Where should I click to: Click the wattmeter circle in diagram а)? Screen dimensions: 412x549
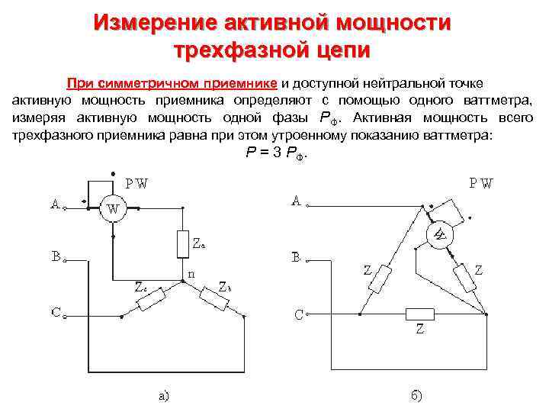(112, 208)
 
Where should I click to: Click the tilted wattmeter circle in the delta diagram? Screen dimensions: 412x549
(440, 237)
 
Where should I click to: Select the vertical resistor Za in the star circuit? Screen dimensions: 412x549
(183, 243)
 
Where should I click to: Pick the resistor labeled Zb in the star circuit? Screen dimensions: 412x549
(216, 300)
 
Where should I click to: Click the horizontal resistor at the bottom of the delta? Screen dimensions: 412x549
(419, 314)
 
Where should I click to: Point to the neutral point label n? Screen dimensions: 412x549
(191, 272)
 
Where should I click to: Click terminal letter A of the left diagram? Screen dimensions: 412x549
(55, 204)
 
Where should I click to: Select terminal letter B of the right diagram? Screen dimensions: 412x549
(297, 258)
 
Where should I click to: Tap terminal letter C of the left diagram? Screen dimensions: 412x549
(56, 311)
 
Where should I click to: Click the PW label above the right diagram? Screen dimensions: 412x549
(480, 183)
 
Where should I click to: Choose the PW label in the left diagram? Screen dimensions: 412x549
(136, 184)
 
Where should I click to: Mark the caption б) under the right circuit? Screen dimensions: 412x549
(416, 395)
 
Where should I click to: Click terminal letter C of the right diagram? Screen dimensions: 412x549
(299, 314)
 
